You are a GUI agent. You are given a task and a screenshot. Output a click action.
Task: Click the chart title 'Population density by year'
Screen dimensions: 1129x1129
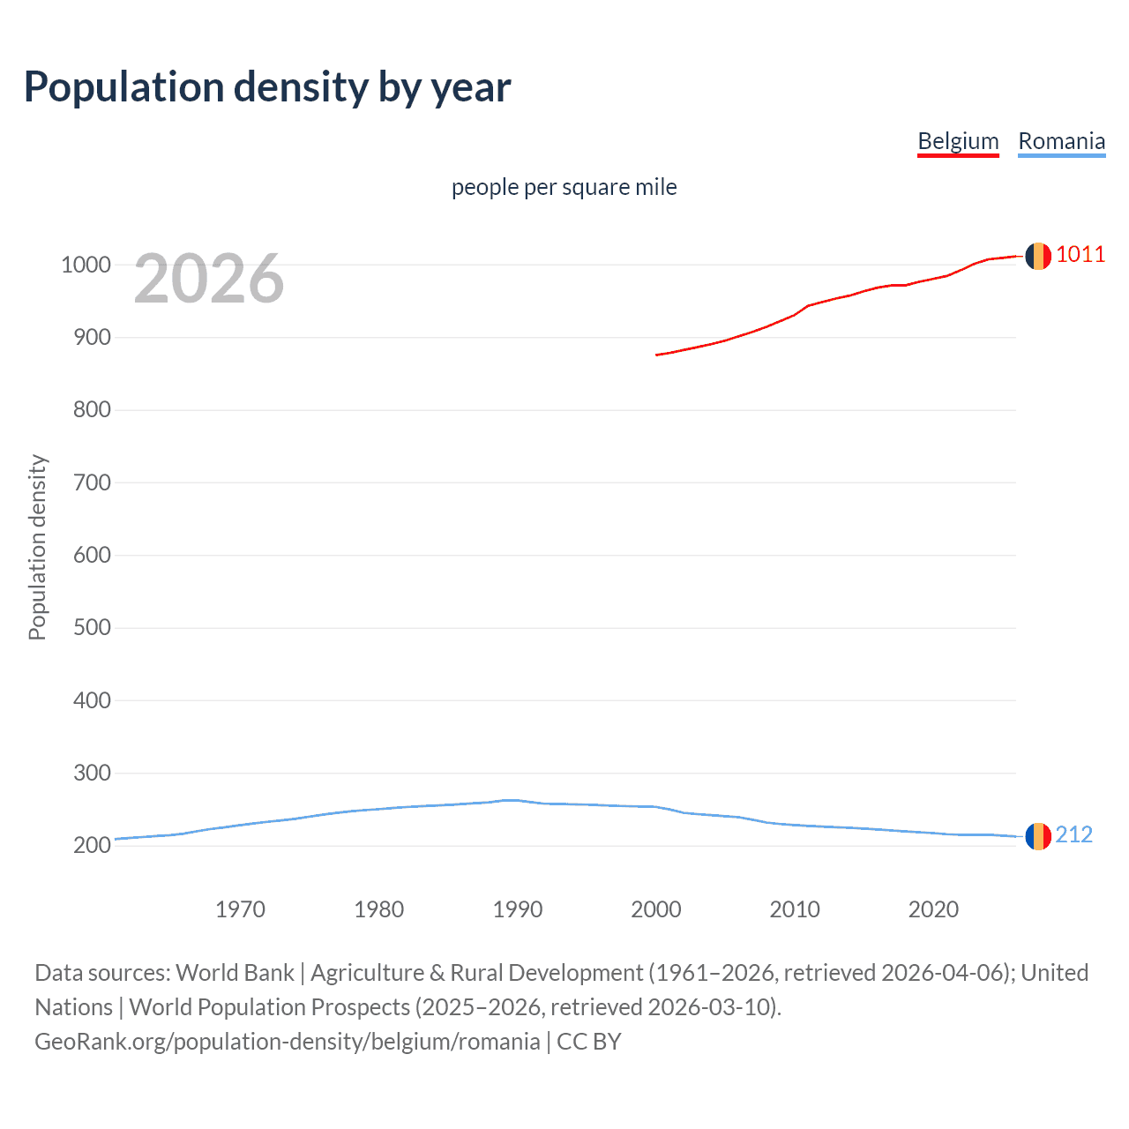tap(267, 86)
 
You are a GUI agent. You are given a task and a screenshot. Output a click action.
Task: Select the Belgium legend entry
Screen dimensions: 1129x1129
tap(958, 141)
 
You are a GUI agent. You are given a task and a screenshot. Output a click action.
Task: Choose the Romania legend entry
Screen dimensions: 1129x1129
tap(1061, 141)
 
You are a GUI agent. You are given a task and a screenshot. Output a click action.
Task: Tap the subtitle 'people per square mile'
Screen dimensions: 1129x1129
tap(564, 187)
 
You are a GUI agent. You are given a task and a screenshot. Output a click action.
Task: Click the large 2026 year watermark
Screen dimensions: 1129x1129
tap(209, 279)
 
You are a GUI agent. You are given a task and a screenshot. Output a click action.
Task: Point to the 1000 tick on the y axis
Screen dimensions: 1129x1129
tap(86, 265)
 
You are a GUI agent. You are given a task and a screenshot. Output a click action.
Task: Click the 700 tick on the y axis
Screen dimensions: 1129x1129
tap(86, 482)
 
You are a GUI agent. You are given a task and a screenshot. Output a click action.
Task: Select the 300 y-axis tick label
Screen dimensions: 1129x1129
tap(86, 773)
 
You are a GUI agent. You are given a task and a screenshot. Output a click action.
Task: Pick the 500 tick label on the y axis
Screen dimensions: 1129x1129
tap(86, 627)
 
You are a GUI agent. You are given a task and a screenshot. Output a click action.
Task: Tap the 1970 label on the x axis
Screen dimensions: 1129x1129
tap(240, 909)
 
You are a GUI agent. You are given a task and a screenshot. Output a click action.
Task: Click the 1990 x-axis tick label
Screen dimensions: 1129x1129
tap(518, 909)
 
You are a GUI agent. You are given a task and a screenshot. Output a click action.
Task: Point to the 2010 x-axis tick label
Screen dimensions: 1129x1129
tap(795, 909)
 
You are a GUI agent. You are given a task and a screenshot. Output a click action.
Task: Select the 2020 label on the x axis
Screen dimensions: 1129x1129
tap(933, 909)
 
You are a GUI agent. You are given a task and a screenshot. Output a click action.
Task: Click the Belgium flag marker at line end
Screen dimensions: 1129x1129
tap(1038, 256)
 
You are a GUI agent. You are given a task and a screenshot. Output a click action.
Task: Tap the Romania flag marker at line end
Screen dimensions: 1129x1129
tap(1038, 836)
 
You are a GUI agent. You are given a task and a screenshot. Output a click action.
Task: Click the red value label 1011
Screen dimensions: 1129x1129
tap(1080, 255)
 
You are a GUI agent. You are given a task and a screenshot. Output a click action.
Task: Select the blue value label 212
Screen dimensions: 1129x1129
tap(1073, 834)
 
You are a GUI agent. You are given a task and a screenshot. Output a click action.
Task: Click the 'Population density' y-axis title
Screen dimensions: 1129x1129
tap(37, 547)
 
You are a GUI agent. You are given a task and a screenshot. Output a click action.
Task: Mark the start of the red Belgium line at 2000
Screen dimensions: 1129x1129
tap(657, 355)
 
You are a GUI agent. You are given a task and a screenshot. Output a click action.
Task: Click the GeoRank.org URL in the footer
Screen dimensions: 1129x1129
tap(287, 1042)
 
